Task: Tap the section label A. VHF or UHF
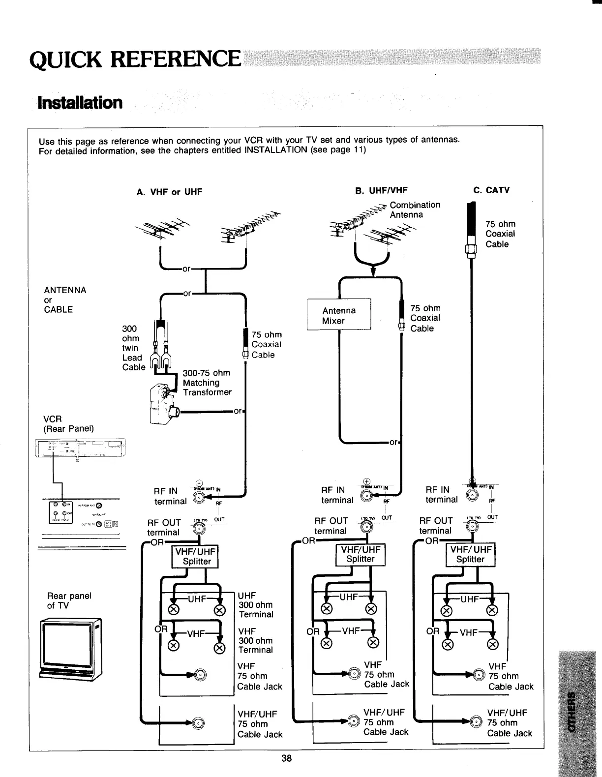(169, 192)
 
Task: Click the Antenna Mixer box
(339, 315)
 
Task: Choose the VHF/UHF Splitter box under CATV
(471, 554)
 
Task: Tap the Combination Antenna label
(415, 209)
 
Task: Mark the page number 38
(286, 758)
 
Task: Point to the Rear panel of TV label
(69, 600)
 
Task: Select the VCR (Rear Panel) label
(68, 423)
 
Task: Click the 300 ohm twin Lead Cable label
(133, 348)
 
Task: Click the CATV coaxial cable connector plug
(471, 248)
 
